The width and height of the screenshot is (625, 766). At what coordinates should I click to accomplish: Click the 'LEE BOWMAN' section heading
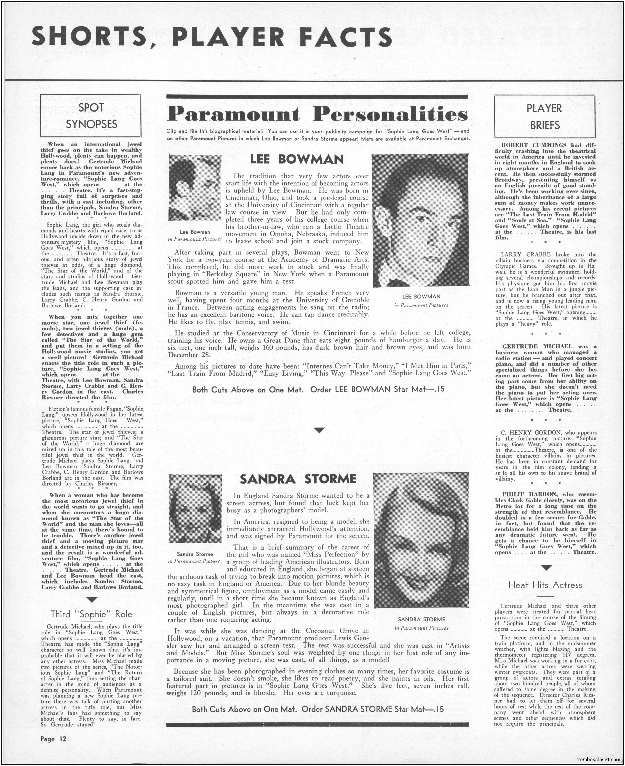(297, 160)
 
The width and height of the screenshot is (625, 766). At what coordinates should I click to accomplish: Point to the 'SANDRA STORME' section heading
(298, 479)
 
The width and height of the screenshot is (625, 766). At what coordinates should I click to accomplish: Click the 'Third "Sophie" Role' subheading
(92, 614)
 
